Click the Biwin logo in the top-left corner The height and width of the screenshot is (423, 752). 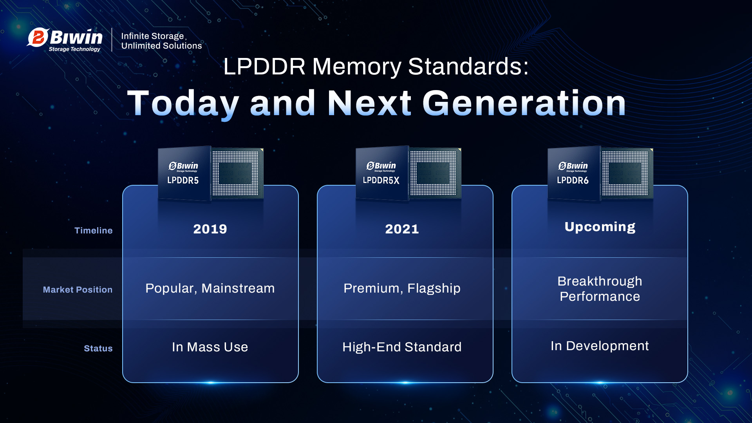pyautogui.click(x=65, y=40)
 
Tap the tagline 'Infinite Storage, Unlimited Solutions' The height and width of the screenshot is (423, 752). pyautogui.click(x=161, y=41)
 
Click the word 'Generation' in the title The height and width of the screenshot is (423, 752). pyautogui.click(x=524, y=103)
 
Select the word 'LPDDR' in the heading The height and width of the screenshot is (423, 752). pyautogui.click(x=264, y=66)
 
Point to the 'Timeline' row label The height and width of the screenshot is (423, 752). pyautogui.click(x=94, y=230)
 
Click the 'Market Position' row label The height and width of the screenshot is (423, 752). pyautogui.click(x=78, y=289)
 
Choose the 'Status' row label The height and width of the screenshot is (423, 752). pyautogui.click(x=98, y=348)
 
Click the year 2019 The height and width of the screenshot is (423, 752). pyautogui.click(x=210, y=229)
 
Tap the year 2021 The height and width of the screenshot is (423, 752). pyautogui.click(x=402, y=229)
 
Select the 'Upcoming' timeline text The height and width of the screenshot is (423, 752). pyautogui.click(x=600, y=227)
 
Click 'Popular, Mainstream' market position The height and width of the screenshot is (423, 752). pyautogui.click(x=210, y=288)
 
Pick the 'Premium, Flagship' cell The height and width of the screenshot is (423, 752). pyautogui.click(x=402, y=288)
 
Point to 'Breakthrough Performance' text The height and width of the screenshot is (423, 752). pyautogui.click(x=600, y=289)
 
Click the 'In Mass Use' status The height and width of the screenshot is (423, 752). pyautogui.click(x=210, y=347)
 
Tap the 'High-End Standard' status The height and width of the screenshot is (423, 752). pyautogui.click(x=402, y=347)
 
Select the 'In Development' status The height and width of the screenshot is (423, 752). pyautogui.click(x=600, y=346)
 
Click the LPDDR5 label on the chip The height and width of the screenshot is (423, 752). pyautogui.click(x=183, y=180)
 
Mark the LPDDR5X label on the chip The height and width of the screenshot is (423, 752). pyautogui.click(x=381, y=180)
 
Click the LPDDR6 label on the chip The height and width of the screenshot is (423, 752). pyautogui.click(x=573, y=180)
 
